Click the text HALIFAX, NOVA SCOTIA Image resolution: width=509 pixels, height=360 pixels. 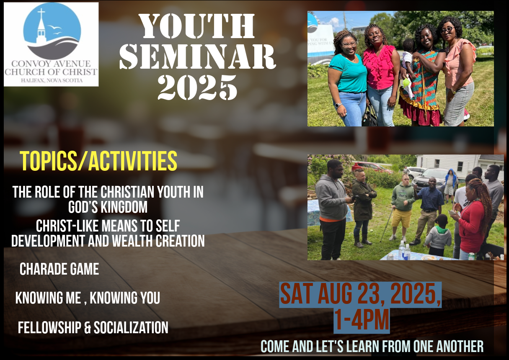click(x=52, y=80)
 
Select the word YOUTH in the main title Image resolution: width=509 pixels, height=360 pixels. click(x=197, y=26)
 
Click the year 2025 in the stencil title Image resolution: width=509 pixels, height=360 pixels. click(x=197, y=87)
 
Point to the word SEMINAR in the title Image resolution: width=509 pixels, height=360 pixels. click(x=198, y=57)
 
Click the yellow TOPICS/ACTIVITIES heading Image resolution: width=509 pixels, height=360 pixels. click(x=98, y=161)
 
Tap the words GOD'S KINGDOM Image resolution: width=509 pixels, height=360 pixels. click(x=108, y=207)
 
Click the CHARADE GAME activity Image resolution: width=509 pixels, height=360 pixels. click(x=59, y=269)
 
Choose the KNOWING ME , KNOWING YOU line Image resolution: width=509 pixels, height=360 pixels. click(x=88, y=298)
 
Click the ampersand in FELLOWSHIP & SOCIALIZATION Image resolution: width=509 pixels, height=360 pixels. click(x=88, y=327)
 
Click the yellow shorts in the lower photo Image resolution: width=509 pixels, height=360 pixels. click(x=401, y=218)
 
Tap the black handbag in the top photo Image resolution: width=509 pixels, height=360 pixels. click(x=369, y=116)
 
